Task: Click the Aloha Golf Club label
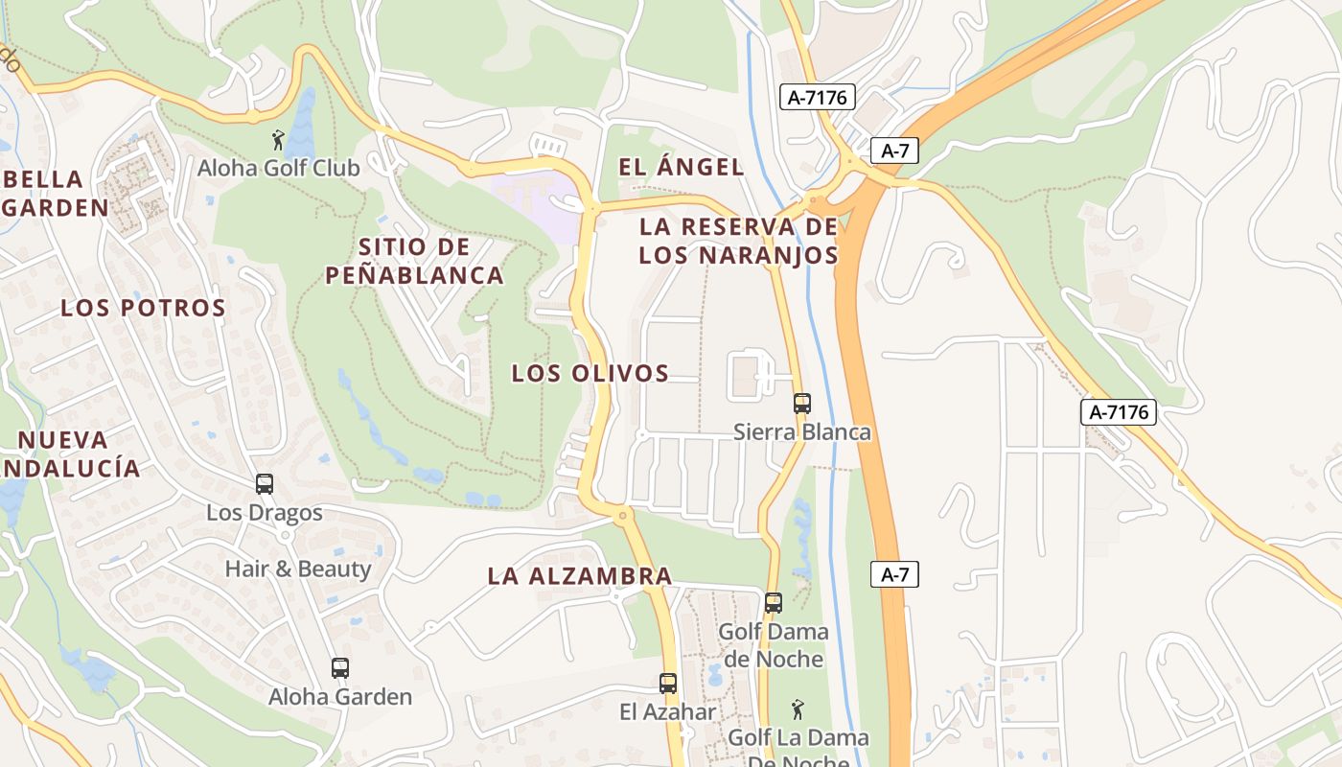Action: (278, 168)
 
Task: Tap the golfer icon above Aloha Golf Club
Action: (278, 140)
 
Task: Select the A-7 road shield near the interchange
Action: (894, 151)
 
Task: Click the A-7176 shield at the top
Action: (817, 97)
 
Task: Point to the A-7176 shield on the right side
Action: (1119, 412)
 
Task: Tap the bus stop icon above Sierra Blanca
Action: (802, 404)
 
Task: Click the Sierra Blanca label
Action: (802, 432)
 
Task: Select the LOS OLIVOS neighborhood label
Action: (590, 373)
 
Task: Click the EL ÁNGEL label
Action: (681, 167)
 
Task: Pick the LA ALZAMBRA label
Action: (579, 576)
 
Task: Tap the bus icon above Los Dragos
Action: (265, 484)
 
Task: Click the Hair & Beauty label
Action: (297, 569)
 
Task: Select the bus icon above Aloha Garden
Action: (340, 668)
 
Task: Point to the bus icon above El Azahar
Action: (668, 684)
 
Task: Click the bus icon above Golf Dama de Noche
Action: (774, 603)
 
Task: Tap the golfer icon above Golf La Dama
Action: (798, 710)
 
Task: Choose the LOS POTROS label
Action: (143, 308)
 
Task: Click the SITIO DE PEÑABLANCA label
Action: (414, 261)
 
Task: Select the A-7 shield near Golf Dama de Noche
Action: (894, 574)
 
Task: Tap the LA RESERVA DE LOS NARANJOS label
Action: (738, 242)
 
